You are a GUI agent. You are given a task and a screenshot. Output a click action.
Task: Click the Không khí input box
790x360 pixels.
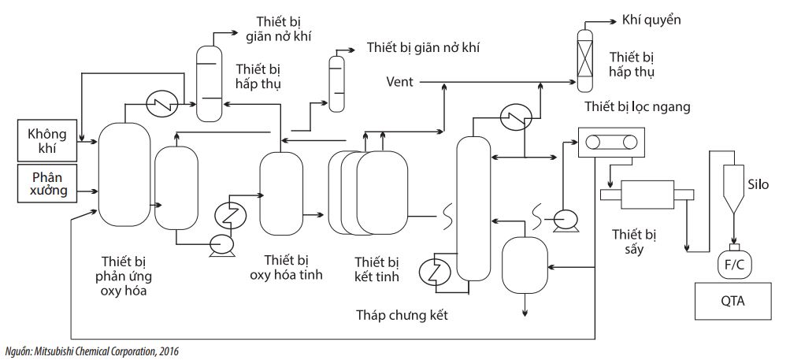(48, 139)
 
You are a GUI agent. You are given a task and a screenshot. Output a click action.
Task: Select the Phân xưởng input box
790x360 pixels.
(48, 183)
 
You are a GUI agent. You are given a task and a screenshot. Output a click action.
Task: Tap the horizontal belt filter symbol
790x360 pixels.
(610, 142)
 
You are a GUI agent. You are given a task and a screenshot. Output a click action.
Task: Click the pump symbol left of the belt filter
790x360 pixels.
(564, 218)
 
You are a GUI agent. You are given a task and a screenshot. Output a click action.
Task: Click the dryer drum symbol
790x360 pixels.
(644, 194)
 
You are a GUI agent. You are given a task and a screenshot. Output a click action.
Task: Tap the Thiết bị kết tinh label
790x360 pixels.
(376, 269)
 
